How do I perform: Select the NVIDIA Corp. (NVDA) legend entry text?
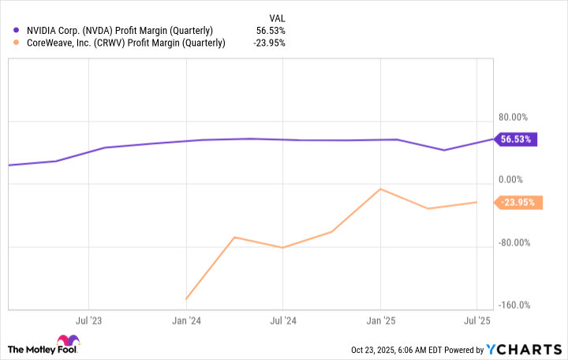pos(118,30)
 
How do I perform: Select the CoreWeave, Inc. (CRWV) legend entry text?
pos(124,43)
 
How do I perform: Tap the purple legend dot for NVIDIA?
pos(17,30)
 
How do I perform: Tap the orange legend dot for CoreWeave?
pos(17,43)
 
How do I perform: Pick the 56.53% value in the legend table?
pos(271,30)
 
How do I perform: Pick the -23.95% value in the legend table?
pos(269,43)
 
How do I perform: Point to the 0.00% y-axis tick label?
pos(516,179)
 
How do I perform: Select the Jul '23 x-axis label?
pos(89,321)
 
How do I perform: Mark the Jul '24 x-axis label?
pos(283,321)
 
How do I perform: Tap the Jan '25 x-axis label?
pos(381,321)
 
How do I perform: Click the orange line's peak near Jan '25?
pos(381,189)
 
